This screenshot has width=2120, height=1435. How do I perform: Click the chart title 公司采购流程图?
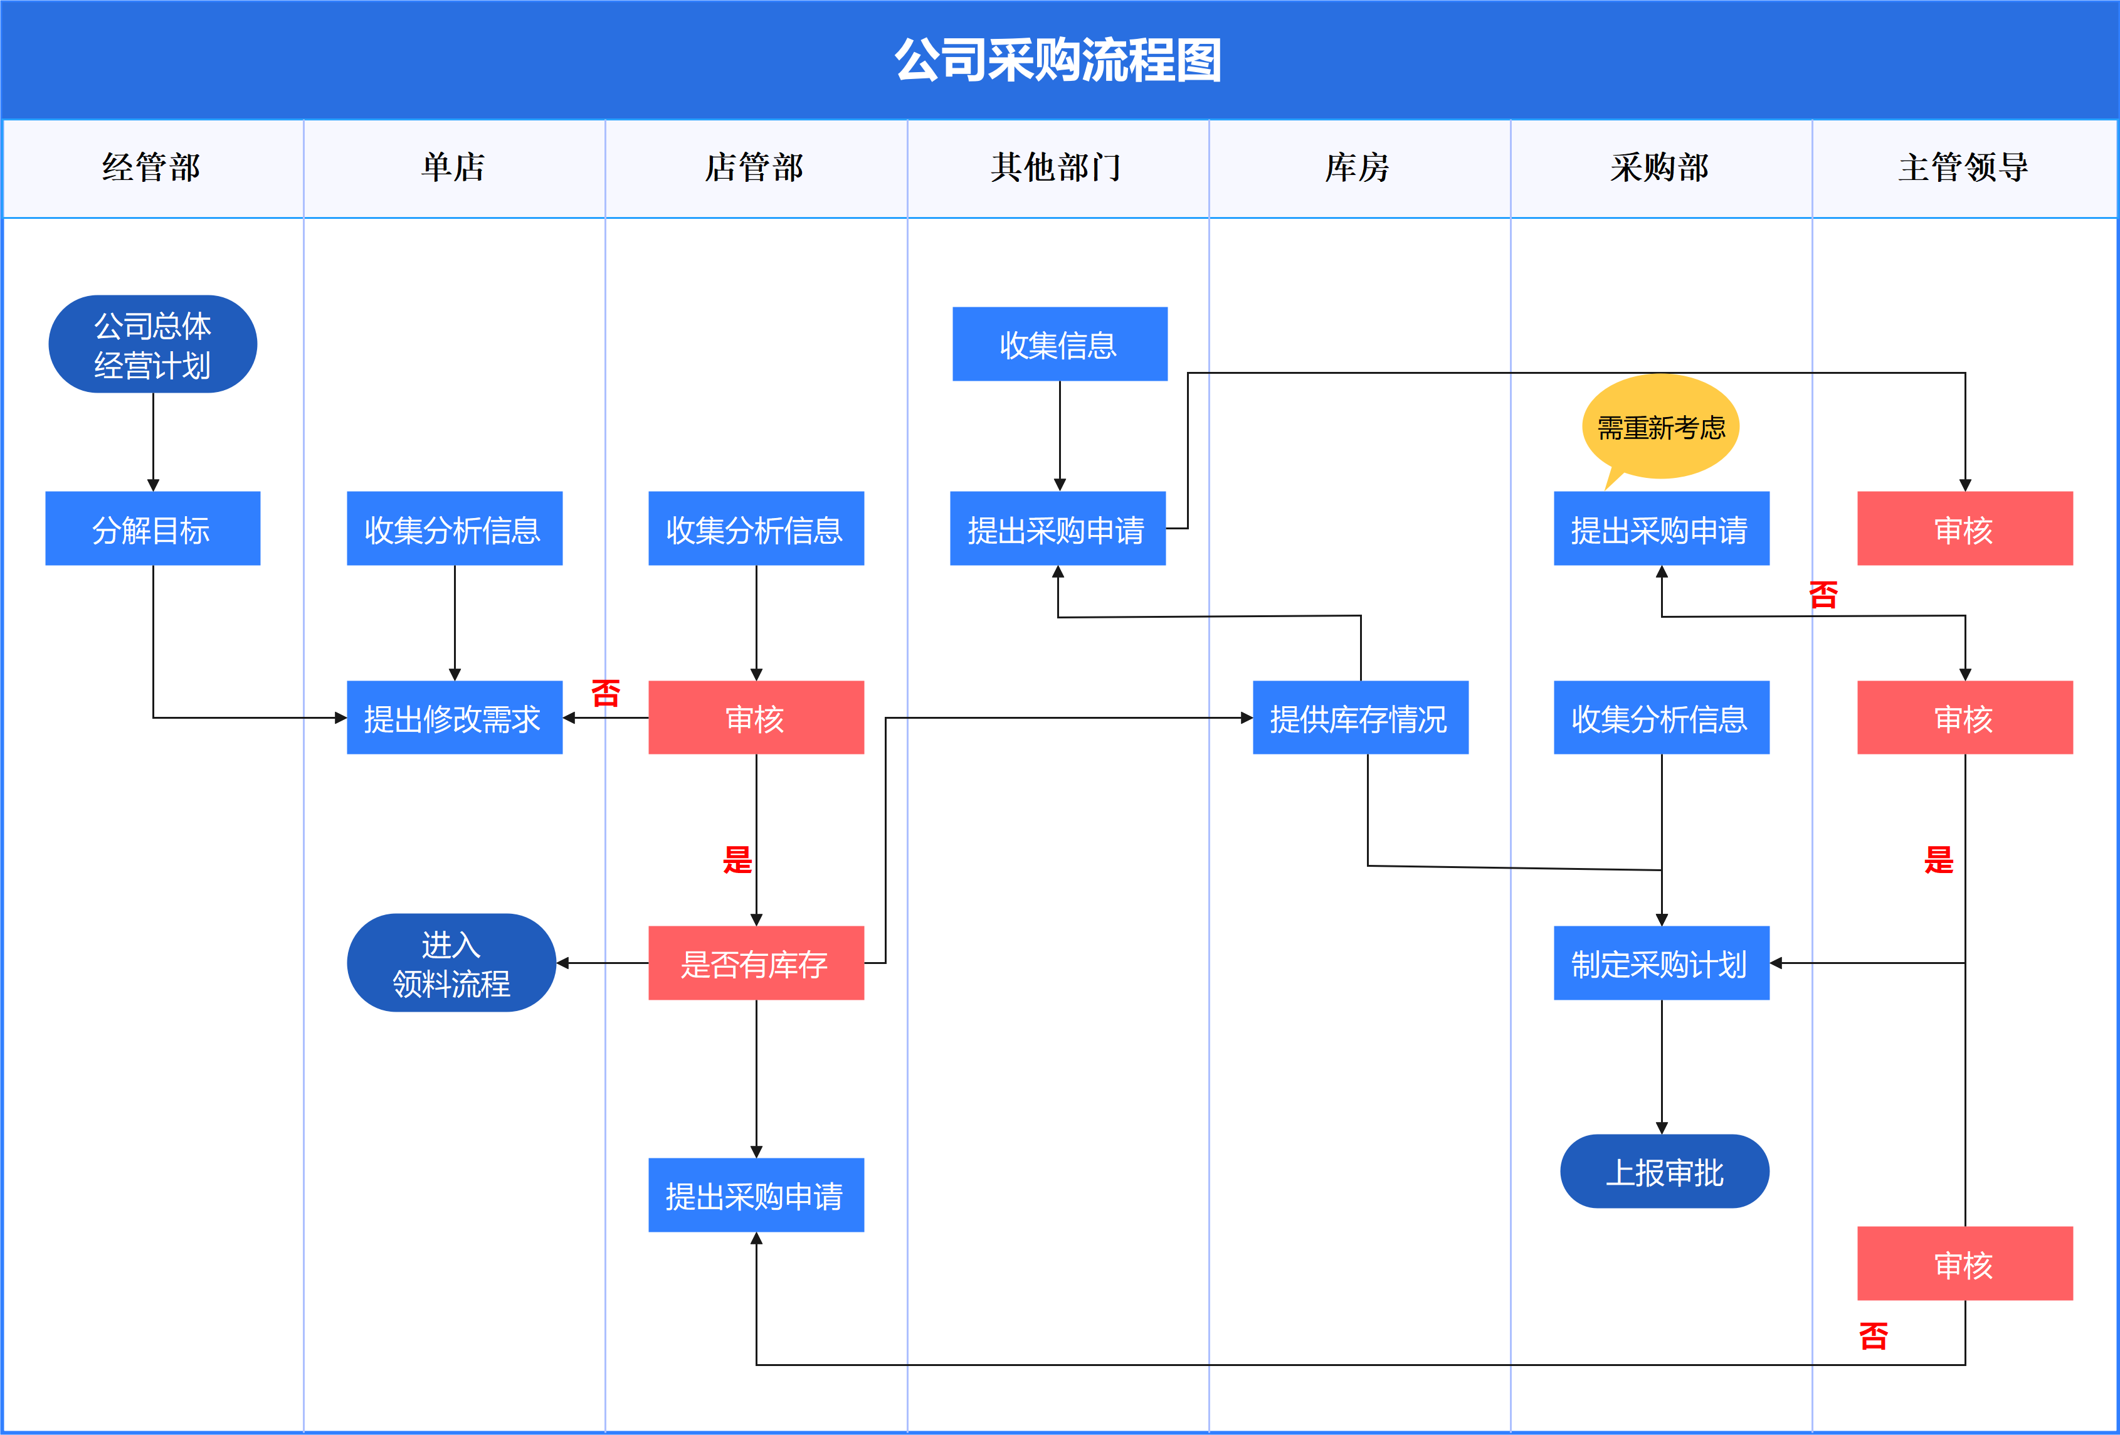click(x=1058, y=60)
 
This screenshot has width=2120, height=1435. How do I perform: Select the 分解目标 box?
click(x=152, y=529)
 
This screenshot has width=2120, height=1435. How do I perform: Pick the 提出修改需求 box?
click(x=454, y=718)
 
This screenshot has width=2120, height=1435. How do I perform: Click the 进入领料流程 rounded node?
click(x=451, y=963)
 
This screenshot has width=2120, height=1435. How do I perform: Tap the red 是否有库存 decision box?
click(x=756, y=963)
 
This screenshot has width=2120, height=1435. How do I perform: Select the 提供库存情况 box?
click(x=1359, y=718)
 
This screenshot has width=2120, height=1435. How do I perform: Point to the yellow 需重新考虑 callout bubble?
click(x=1660, y=426)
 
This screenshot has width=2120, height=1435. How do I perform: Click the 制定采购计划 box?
click(x=1660, y=963)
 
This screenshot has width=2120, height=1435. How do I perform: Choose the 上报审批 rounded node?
click(x=1664, y=1172)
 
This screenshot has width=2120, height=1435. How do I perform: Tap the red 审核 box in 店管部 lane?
click(x=756, y=718)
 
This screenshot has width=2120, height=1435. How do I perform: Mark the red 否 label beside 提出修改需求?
click(x=606, y=693)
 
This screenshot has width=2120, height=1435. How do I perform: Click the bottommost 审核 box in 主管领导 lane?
click(x=1964, y=1264)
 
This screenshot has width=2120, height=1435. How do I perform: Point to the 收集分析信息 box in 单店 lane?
click(x=454, y=529)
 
